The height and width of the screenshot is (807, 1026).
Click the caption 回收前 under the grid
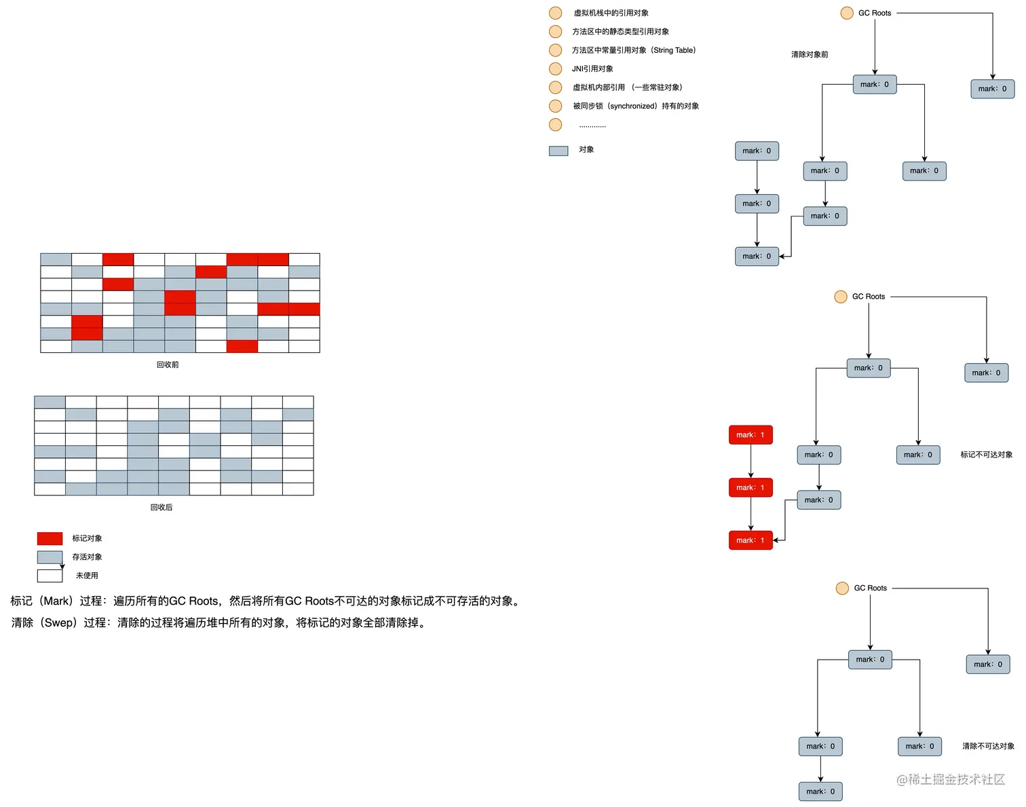(168, 364)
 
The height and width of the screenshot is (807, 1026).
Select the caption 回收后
(161, 507)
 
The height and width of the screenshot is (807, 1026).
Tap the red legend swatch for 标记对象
(50, 538)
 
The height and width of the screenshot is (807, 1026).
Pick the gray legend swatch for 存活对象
(50, 557)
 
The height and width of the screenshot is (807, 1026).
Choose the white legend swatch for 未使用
(50, 576)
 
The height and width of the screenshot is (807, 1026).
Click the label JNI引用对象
(592, 69)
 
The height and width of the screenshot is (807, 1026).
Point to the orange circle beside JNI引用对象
(555, 69)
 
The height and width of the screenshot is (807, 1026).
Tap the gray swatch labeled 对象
(558, 151)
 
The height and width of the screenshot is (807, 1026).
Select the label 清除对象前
(810, 54)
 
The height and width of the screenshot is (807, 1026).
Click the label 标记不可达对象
(986, 455)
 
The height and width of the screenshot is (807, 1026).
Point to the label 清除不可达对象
(988, 746)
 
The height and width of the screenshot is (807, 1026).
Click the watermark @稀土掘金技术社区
(951, 779)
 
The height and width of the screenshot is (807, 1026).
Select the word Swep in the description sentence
(59, 622)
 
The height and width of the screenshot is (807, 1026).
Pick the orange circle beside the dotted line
(555, 125)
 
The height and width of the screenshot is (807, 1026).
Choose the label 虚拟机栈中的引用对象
(611, 13)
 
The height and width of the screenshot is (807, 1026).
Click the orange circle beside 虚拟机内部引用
(555, 88)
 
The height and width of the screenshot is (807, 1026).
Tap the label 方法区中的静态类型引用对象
(620, 31)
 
